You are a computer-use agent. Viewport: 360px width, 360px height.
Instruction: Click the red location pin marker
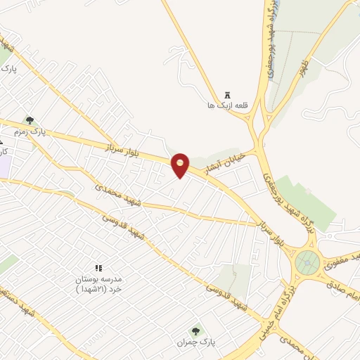tap(181, 165)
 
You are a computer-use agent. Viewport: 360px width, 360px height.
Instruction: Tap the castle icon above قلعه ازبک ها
tap(226, 95)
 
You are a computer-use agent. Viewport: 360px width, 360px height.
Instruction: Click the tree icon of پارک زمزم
tap(29, 120)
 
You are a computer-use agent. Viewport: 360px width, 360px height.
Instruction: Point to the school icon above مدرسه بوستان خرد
tap(98, 268)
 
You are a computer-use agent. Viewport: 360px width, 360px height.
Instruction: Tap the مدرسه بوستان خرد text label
tap(98, 283)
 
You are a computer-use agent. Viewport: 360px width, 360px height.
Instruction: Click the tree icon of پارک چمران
tap(195, 330)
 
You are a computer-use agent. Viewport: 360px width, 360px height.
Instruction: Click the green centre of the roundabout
tap(307, 263)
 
